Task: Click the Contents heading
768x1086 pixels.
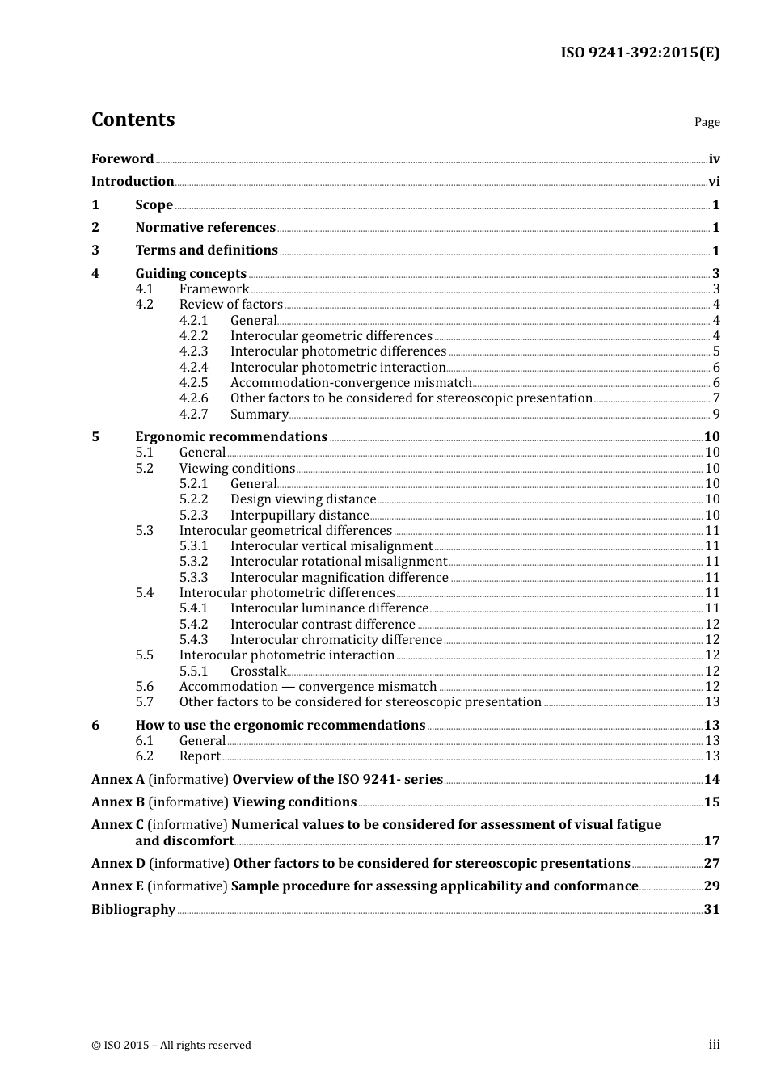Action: pyautogui.click(x=133, y=120)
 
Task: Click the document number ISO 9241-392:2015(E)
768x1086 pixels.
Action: pyautogui.click(x=639, y=53)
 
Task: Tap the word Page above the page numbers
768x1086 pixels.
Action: pyautogui.click(x=707, y=122)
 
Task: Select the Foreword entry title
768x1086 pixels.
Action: pyautogui.click(x=122, y=159)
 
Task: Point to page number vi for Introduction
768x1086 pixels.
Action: pyautogui.click(x=714, y=182)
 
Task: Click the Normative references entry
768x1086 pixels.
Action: pyautogui.click(x=205, y=228)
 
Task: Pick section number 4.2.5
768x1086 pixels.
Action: pyautogui.click(x=193, y=383)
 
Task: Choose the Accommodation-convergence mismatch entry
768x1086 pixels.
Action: pyautogui.click(x=351, y=383)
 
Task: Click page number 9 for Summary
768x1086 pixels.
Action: pyautogui.click(x=715, y=415)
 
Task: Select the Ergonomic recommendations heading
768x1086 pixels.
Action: pyautogui.click(x=231, y=437)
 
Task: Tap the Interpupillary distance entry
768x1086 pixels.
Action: pyautogui.click(x=299, y=516)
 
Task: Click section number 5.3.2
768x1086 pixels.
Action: pyautogui.click(x=193, y=562)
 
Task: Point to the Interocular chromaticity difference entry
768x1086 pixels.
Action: pyautogui.click(x=336, y=640)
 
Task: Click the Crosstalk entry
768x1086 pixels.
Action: pyautogui.click(x=258, y=671)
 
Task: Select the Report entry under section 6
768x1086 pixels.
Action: pyautogui.click(x=200, y=756)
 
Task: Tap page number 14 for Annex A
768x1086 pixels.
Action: pyautogui.click(x=711, y=780)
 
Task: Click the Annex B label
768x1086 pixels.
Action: pyautogui.click(x=118, y=802)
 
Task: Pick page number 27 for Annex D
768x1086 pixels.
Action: pyautogui.click(x=711, y=864)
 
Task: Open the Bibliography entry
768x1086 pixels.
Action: pyautogui.click(x=133, y=910)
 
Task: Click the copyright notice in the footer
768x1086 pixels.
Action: pyautogui.click(x=171, y=1046)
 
